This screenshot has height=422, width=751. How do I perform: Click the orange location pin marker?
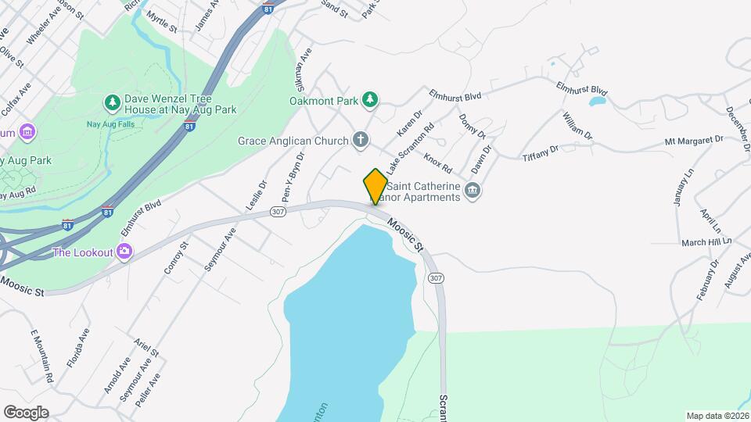click(375, 186)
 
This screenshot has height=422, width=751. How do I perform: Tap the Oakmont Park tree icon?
click(370, 99)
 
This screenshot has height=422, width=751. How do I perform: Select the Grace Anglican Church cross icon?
click(360, 141)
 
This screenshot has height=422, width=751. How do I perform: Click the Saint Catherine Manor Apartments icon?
click(472, 190)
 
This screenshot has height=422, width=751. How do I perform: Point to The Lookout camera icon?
click(124, 252)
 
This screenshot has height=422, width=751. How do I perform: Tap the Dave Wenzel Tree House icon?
click(113, 102)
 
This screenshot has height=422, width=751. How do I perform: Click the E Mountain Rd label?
click(41, 356)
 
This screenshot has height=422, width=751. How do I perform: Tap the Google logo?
click(25, 413)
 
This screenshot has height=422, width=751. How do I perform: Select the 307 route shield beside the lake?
click(437, 279)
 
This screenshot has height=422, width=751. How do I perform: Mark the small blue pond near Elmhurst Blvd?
click(597, 102)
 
